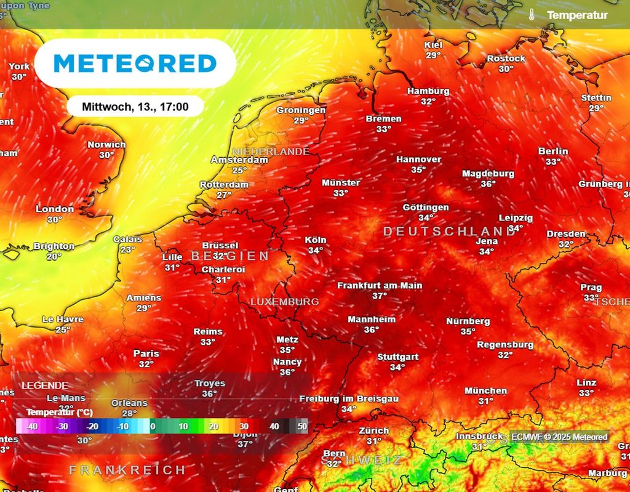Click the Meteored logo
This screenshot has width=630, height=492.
click(135, 63)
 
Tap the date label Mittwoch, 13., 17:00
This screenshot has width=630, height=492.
click(135, 107)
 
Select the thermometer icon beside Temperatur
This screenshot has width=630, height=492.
click(531, 15)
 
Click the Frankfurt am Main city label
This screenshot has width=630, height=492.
click(380, 286)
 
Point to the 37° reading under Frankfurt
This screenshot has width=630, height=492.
click(380, 296)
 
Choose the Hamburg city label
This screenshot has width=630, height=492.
click(428, 91)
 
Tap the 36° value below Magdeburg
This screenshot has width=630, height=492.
click(488, 184)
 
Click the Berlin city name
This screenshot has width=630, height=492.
click(553, 151)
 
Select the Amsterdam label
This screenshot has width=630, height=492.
click(239, 160)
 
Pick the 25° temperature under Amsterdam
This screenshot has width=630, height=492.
click(239, 171)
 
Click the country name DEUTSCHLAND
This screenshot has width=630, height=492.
click(449, 232)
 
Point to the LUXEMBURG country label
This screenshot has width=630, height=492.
click(284, 302)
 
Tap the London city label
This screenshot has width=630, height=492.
click(55, 209)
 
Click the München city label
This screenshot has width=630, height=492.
click(486, 391)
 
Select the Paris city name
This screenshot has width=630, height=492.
click(146, 354)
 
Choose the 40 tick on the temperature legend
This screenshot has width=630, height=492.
click(274, 426)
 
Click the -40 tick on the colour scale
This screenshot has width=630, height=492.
click(32, 426)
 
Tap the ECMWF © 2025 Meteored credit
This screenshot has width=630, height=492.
click(559, 437)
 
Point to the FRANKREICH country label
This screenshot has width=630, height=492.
click(127, 470)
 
